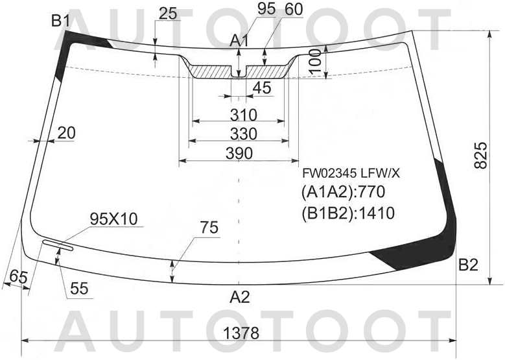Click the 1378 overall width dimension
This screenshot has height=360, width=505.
[x=241, y=333]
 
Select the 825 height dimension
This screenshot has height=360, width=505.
[x=481, y=156]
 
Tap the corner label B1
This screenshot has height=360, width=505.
[x=60, y=21]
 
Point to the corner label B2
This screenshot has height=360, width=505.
[x=468, y=265]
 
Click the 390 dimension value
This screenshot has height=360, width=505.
[x=239, y=153]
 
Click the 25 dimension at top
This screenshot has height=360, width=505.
[x=168, y=13]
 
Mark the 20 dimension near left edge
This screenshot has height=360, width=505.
[x=65, y=133]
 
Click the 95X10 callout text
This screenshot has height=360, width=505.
[x=113, y=219]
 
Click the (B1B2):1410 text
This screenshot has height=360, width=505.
[x=348, y=212]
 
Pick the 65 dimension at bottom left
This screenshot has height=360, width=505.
[x=19, y=277]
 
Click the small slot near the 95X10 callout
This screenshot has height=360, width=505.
[x=58, y=245]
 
